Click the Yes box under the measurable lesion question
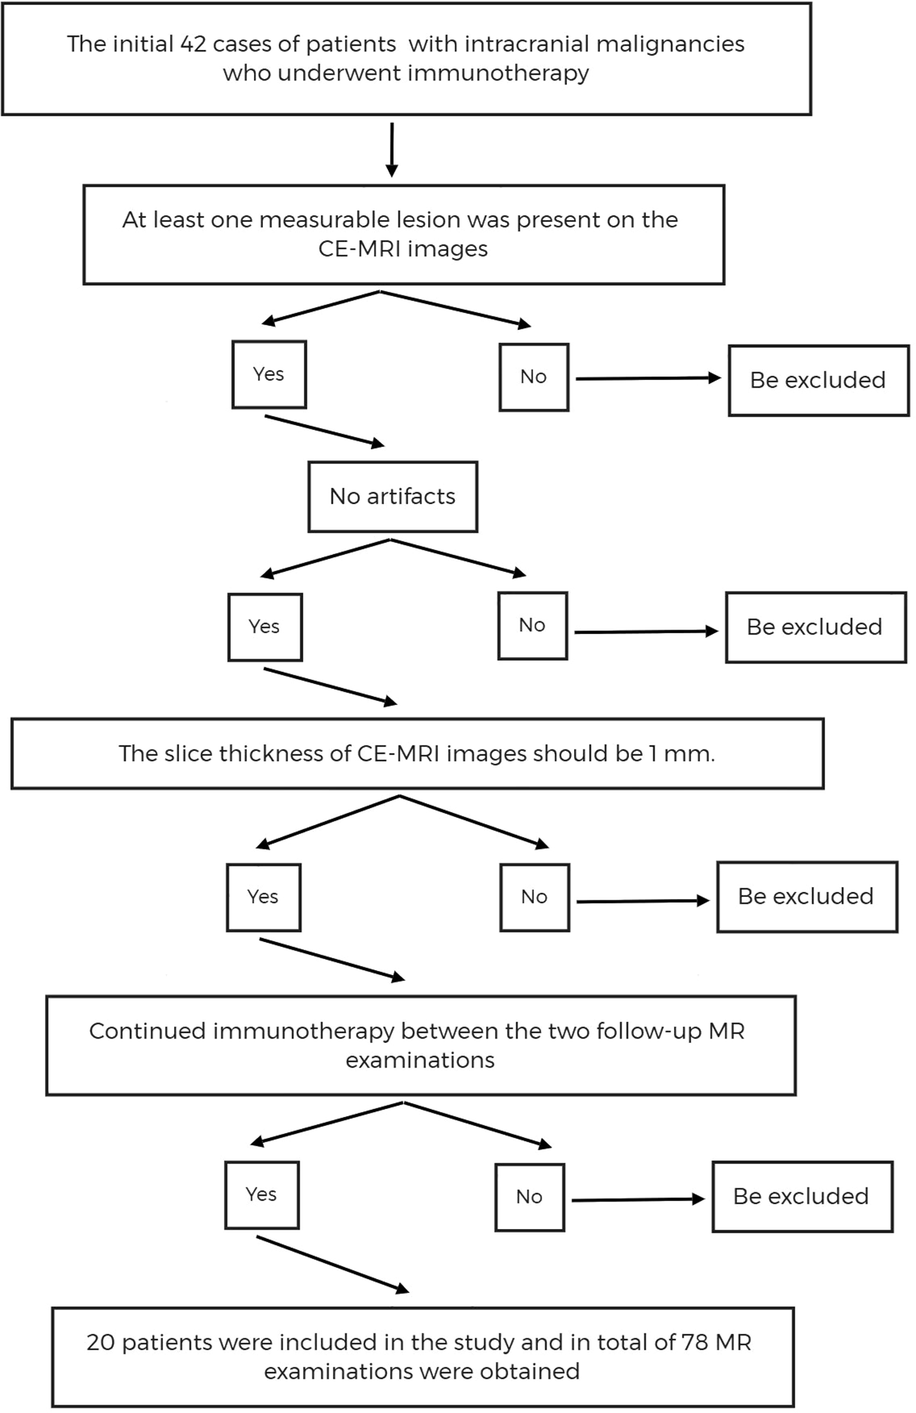pyautogui.click(x=269, y=374)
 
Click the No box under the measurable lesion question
pyautogui.click(x=534, y=377)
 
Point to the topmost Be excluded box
pyautogui.click(x=818, y=381)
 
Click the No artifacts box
pyautogui.click(x=393, y=497)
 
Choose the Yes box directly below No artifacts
pyautogui.click(x=264, y=627)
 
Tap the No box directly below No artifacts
pyautogui.click(x=532, y=625)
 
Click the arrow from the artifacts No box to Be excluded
pyautogui.click(x=645, y=632)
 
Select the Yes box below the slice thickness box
pyautogui.click(x=263, y=897)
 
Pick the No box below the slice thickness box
pyautogui.click(x=535, y=897)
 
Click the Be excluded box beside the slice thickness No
pyautogui.click(x=807, y=897)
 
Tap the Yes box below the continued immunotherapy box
pyautogui.click(x=262, y=1194)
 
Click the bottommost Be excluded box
pyautogui.click(x=802, y=1197)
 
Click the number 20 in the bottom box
pyautogui.click(x=101, y=1342)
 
